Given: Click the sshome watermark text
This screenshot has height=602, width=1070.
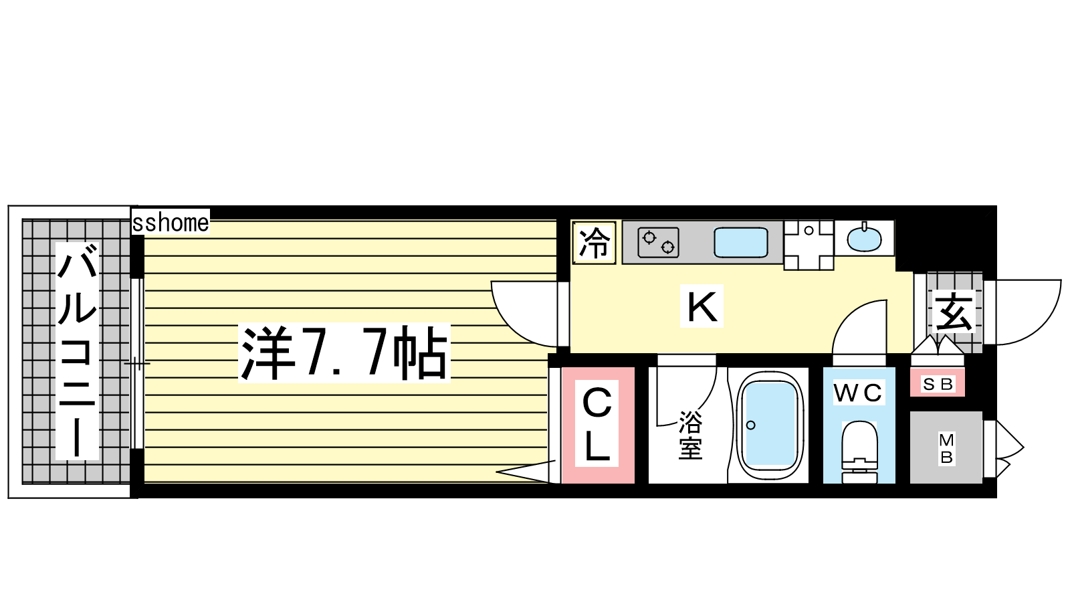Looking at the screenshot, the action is click(171, 223).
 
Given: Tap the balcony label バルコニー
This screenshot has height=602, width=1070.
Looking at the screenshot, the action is click(77, 351).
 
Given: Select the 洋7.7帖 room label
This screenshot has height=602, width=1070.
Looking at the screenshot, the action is click(344, 353).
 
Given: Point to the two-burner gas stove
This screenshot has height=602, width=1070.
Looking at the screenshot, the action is click(658, 242).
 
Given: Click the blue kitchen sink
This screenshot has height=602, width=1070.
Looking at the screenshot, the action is click(741, 242).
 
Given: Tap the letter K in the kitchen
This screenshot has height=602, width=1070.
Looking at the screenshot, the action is click(702, 306).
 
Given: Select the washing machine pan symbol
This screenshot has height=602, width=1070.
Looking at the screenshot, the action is click(809, 245).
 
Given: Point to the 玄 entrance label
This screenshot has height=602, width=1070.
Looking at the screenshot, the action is click(954, 312).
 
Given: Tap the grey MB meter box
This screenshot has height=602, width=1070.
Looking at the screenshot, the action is click(946, 447).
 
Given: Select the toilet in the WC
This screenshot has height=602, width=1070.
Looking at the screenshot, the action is click(859, 452).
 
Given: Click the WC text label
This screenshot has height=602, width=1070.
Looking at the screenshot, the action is click(859, 392).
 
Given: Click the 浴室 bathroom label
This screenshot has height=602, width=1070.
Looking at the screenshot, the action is click(691, 435).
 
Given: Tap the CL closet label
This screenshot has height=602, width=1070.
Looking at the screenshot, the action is click(597, 424).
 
